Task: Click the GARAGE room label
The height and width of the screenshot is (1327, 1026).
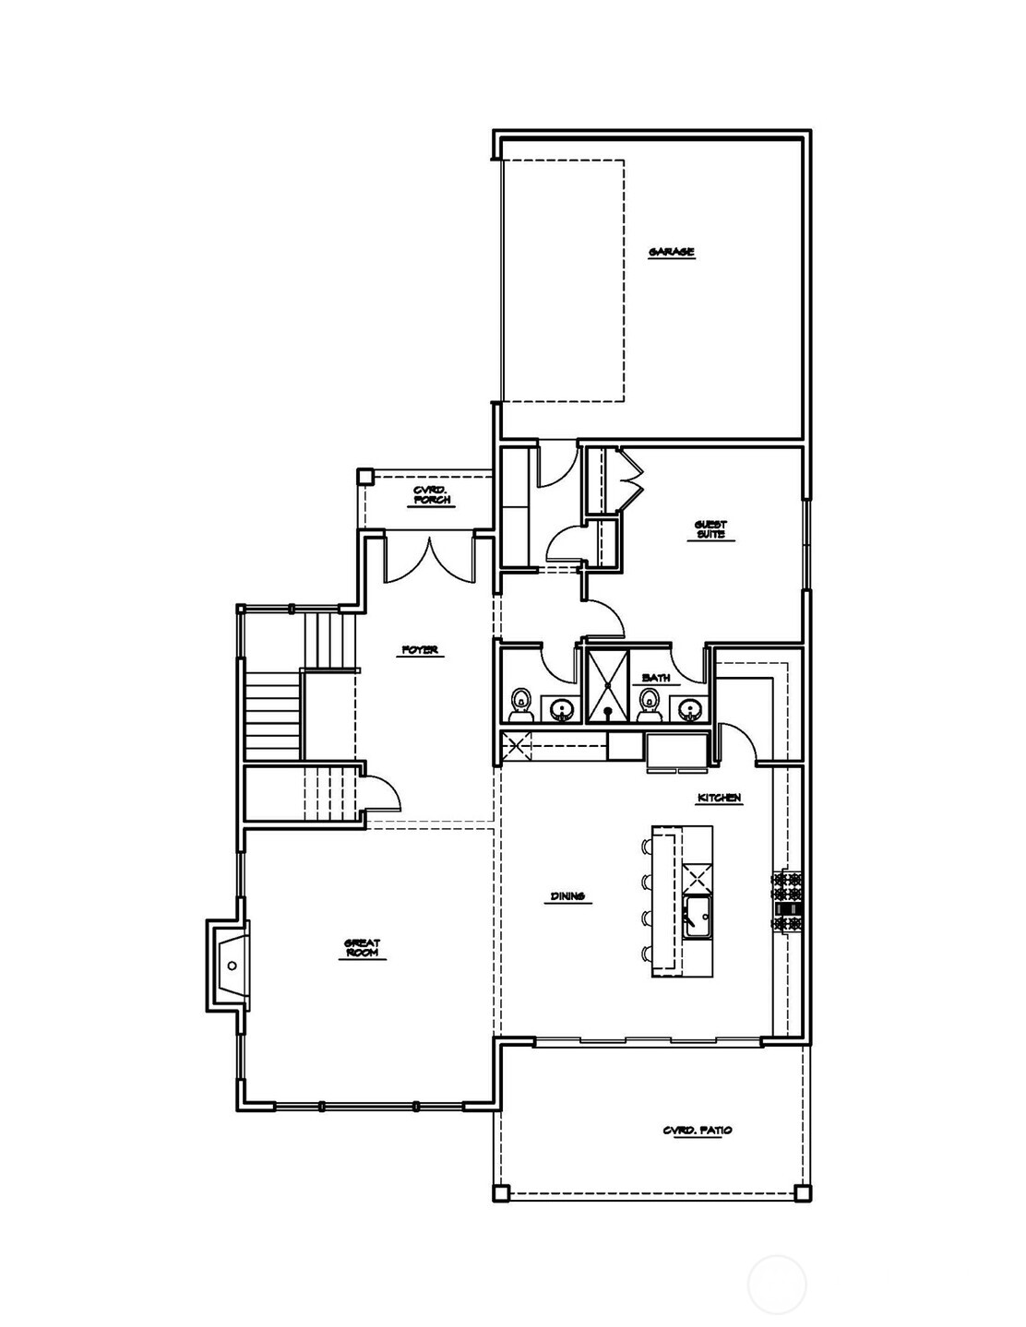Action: click(671, 252)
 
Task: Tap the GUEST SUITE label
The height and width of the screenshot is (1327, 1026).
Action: click(710, 529)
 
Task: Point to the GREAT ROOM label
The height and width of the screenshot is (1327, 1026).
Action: click(363, 948)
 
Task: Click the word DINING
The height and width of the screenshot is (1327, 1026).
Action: click(567, 895)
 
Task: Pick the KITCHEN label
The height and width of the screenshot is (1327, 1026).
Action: click(719, 798)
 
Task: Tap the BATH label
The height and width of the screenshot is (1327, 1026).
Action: click(656, 679)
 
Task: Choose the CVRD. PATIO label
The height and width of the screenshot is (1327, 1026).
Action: click(698, 1130)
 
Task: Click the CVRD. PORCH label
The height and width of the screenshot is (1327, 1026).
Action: click(433, 496)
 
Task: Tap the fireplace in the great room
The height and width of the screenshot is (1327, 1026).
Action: click(231, 966)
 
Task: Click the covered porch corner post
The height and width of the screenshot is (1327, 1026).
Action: click(365, 477)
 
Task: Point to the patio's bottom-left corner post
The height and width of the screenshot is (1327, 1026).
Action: click(500, 1192)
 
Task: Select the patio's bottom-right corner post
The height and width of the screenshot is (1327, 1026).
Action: click(803, 1192)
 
